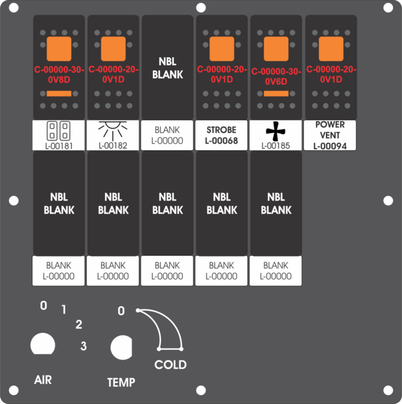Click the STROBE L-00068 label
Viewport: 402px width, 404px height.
click(221, 135)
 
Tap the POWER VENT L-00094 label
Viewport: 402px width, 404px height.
click(330, 135)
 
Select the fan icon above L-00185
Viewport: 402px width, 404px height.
click(276, 131)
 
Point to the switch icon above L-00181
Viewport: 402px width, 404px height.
click(58, 131)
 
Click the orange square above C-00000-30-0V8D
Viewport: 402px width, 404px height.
click(59, 48)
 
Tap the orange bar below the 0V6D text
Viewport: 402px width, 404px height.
click(276, 93)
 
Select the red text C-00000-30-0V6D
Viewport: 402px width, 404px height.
click(276, 76)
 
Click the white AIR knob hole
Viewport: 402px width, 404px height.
click(43, 344)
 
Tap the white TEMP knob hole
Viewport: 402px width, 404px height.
click(121, 347)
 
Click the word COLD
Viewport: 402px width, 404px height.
click(170, 365)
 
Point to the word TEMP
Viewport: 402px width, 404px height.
click(121, 382)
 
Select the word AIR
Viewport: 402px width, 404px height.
click(43, 380)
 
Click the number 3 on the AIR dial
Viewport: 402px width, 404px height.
click(83, 346)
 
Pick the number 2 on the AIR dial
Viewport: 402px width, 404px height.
click(79, 324)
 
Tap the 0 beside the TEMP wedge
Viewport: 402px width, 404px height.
click(121, 311)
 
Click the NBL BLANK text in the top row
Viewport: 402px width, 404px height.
click(167, 68)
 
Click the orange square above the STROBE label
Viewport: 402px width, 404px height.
click(221, 48)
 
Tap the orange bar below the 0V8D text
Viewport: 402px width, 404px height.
click(59, 93)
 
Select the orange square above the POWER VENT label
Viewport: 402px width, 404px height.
click(331, 48)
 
